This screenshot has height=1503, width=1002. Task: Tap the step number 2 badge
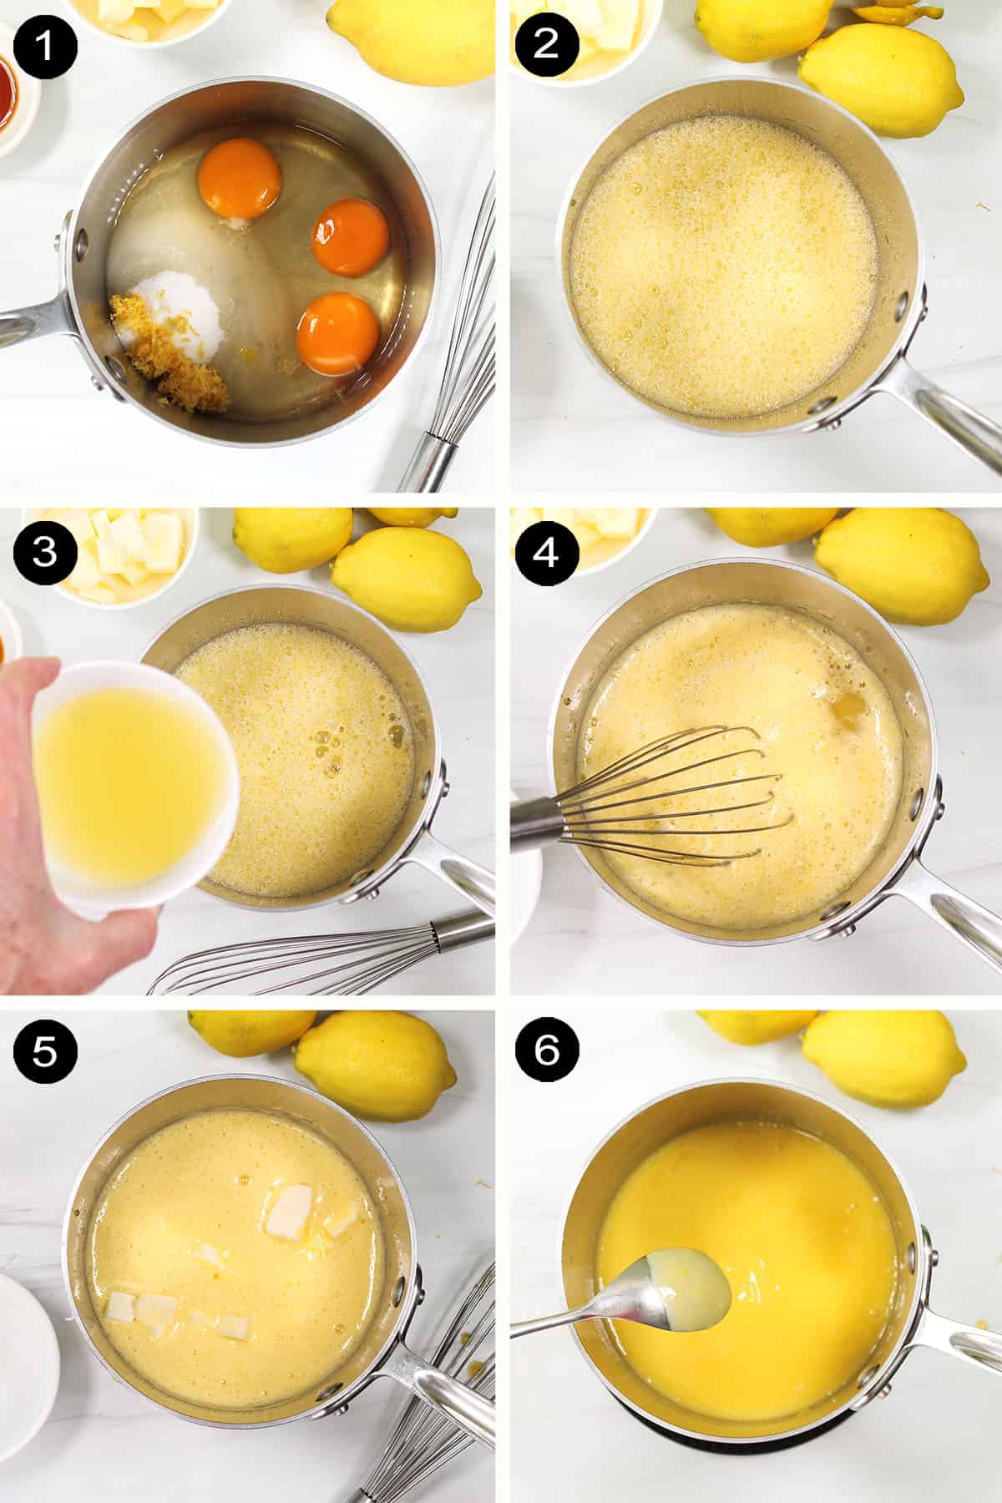click(x=545, y=44)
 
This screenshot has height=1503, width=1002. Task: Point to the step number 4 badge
click(x=545, y=554)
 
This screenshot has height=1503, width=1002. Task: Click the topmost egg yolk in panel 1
click(x=240, y=178)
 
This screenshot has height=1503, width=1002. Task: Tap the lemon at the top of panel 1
click(x=409, y=38)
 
